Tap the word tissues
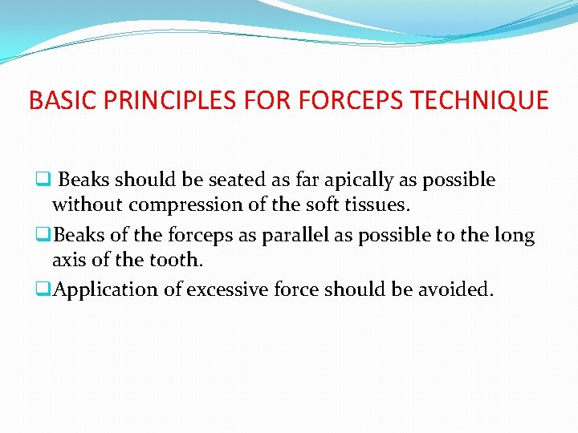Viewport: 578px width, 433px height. tap(381, 205)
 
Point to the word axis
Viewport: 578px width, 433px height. tap(69, 261)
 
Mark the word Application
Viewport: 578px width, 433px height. tap(105, 289)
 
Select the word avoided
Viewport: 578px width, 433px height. tap(456, 289)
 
